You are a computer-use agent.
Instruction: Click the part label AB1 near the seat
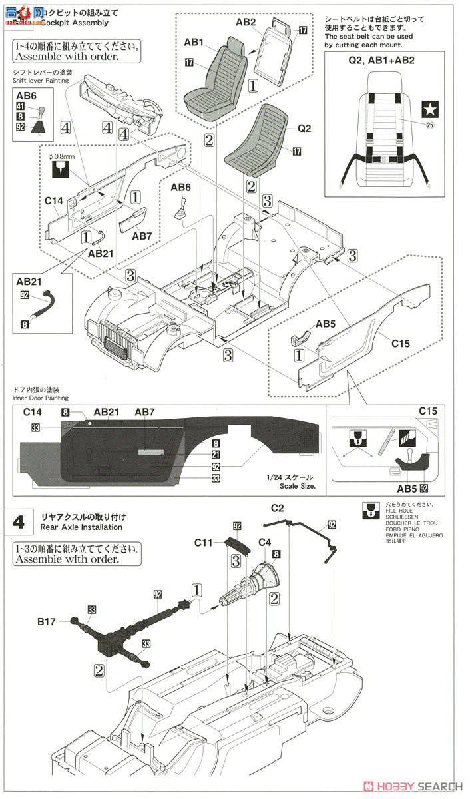point(194,43)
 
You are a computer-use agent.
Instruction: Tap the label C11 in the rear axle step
point(204,543)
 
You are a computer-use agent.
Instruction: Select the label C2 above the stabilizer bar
point(278,509)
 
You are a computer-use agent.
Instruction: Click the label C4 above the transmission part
point(264,543)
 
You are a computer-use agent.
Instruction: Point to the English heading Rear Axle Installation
point(82,527)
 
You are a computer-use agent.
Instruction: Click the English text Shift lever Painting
point(40,80)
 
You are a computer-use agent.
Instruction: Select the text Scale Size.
point(298,487)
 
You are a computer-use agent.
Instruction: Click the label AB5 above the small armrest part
point(326,324)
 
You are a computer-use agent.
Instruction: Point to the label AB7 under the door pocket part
point(142,236)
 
